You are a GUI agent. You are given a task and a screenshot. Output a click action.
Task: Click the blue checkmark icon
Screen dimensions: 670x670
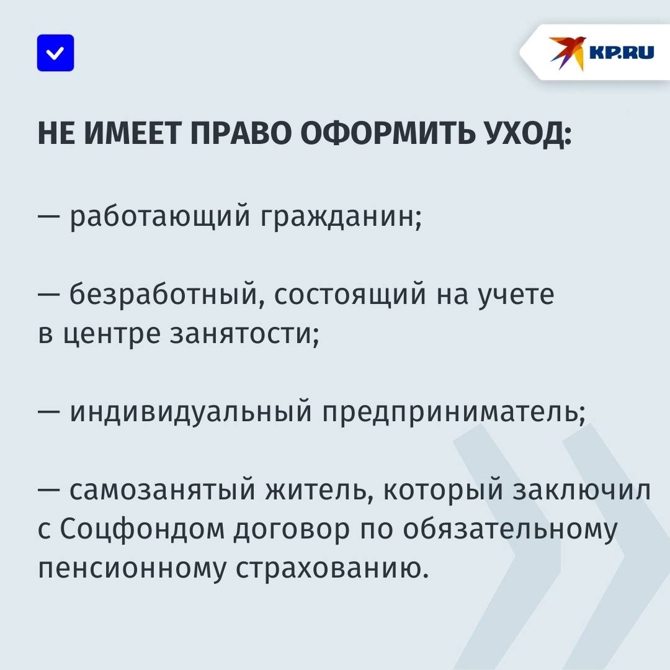[x=56, y=53]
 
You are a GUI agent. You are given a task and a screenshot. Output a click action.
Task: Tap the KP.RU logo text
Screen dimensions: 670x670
[x=622, y=52]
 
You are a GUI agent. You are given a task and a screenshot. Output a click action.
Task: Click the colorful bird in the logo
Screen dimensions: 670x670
[x=567, y=53]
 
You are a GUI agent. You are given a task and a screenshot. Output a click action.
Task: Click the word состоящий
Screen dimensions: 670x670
[x=350, y=295]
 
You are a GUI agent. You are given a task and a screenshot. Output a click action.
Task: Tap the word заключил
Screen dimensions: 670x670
[x=581, y=490]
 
